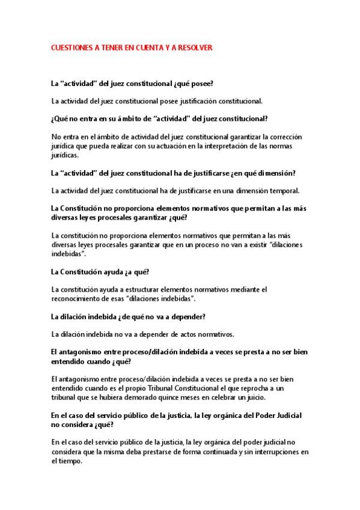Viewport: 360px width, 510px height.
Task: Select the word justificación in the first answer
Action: click(201, 100)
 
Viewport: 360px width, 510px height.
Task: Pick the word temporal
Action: click(283, 191)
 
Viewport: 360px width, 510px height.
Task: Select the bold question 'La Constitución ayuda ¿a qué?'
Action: click(96, 272)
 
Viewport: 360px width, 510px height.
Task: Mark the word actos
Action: click(164, 334)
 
